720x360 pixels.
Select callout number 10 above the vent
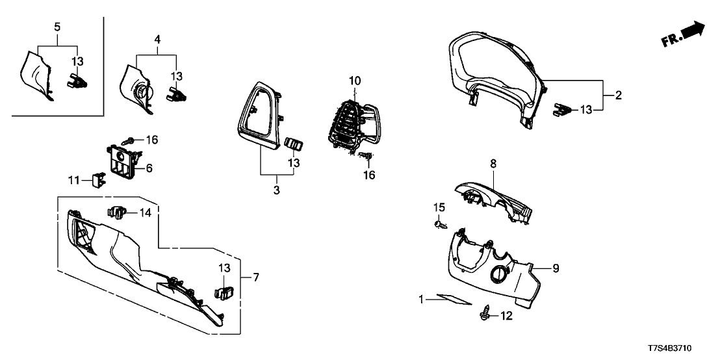[354, 81]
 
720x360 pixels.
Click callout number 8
[493, 166]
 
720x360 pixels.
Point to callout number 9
[556, 268]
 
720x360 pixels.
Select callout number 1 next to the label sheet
[422, 300]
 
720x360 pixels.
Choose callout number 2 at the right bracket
[618, 96]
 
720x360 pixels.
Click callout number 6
[149, 168]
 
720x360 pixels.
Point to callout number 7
[255, 278]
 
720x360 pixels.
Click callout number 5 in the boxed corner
[57, 27]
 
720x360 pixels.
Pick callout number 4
[157, 40]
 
